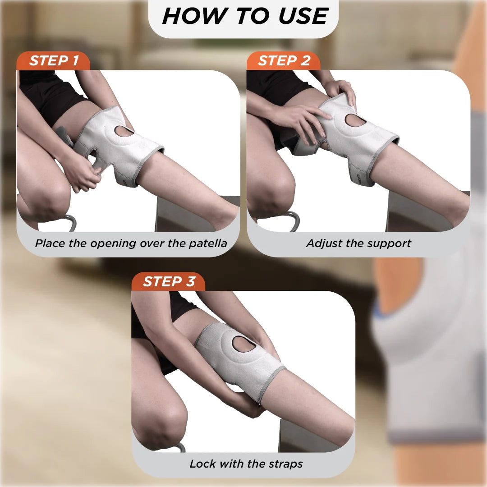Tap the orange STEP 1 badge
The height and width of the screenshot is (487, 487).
(x=54, y=61)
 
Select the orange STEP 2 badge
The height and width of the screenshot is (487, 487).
(x=284, y=61)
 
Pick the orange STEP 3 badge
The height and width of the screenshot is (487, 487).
(x=169, y=281)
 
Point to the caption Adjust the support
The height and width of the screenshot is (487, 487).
(x=358, y=243)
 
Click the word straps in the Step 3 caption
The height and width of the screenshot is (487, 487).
(x=285, y=464)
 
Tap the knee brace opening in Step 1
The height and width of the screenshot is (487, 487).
(x=124, y=131)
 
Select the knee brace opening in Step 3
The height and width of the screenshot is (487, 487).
(x=244, y=344)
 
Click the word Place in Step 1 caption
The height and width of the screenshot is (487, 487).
(x=50, y=243)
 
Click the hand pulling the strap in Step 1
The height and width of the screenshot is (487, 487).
(x=83, y=174)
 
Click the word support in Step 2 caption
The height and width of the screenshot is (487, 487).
(x=389, y=243)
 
